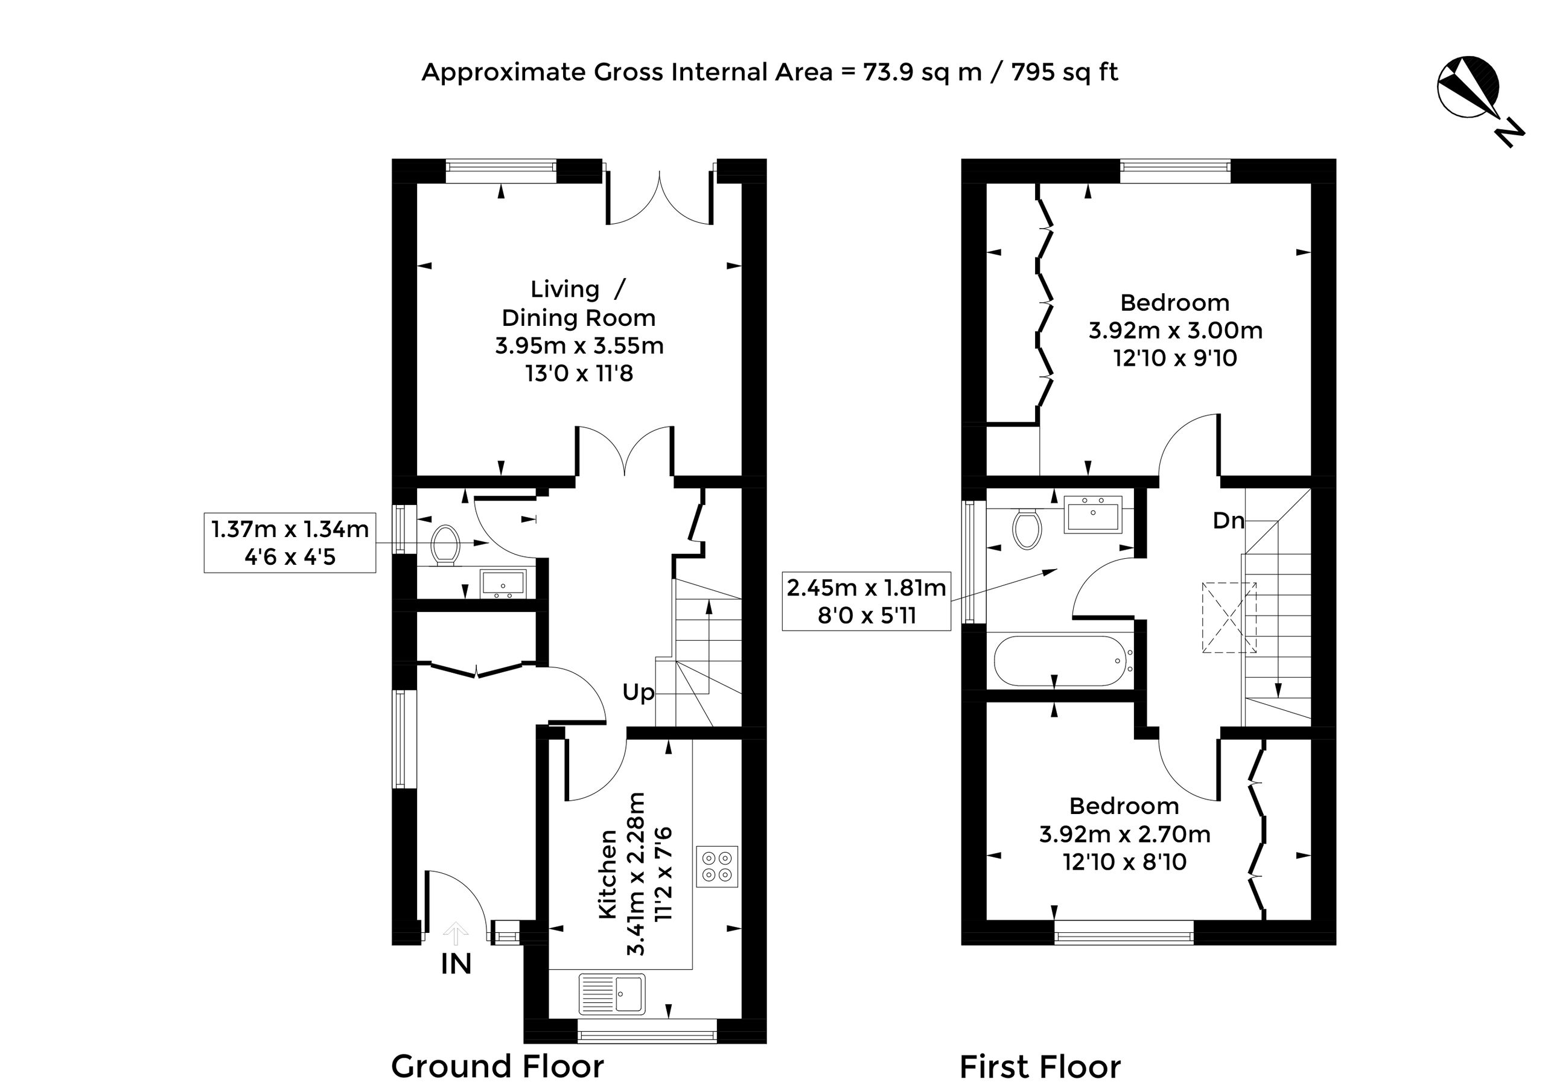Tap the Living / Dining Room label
(x=579, y=304)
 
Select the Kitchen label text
(x=608, y=874)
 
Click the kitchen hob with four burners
(x=716, y=867)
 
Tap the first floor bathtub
(x=1060, y=661)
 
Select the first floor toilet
(x=1027, y=529)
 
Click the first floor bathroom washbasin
(x=1093, y=515)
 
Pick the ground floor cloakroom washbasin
(x=503, y=584)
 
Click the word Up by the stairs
(x=639, y=692)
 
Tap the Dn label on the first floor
(x=1229, y=520)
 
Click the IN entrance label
(x=456, y=964)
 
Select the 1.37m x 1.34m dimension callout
(x=290, y=543)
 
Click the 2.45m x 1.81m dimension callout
(x=867, y=602)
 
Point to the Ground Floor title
(x=497, y=1067)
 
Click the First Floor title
(x=1040, y=1067)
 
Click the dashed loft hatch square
(x=1229, y=617)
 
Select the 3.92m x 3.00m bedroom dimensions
(x=1176, y=330)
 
